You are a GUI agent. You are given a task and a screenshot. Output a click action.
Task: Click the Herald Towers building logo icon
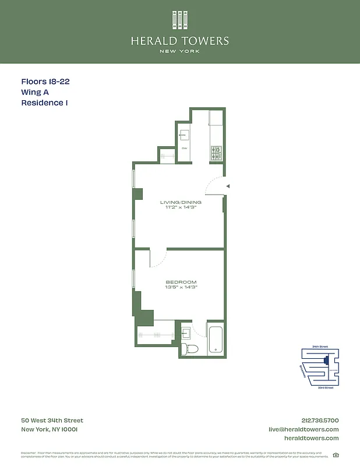(x=180, y=20)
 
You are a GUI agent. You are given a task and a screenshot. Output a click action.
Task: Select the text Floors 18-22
(x=45, y=82)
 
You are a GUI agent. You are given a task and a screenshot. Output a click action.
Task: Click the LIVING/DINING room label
(x=181, y=202)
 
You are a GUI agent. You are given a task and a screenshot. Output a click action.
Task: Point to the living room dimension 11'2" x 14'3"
(x=181, y=208)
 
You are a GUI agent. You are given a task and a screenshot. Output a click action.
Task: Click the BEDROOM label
(x=181, y=282)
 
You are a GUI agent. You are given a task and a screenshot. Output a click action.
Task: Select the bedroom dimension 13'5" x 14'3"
(x=181, y=288)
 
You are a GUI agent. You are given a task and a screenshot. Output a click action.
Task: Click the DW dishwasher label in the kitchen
(x=184, y=148)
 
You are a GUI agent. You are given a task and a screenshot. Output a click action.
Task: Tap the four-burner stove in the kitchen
(x=216, y=153)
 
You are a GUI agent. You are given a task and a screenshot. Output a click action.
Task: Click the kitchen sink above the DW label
(x=184, y=135)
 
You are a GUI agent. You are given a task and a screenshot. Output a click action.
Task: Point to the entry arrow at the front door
(x=228, y=186)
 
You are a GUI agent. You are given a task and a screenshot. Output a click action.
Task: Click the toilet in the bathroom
(x=189, y=348)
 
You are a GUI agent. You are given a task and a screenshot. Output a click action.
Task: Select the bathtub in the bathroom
(x=216, y=339)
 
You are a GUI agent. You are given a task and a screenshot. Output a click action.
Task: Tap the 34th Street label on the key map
(x=320, y=347)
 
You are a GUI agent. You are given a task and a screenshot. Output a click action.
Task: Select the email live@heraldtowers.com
(x=303, y=429)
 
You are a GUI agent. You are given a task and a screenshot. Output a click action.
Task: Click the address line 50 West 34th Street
(x=52, y=421)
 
